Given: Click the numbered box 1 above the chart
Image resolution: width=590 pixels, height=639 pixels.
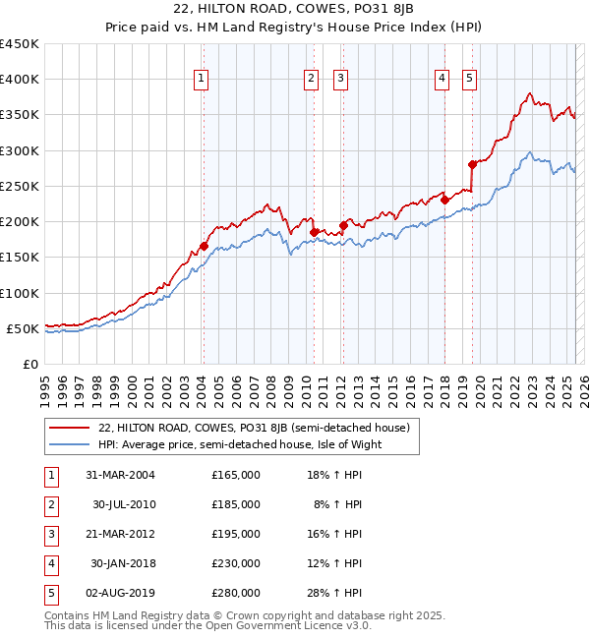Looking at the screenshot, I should pyautogui.click(x=201, y=80).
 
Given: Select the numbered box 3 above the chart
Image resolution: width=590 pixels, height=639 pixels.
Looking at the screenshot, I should pyautogui.click(x=340, y=80).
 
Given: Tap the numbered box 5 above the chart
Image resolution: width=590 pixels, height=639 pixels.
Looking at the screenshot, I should pyautogui.click(x=469, y=80).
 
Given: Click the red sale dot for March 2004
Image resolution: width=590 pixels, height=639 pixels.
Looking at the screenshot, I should pyautogui.click(x=204, y=247).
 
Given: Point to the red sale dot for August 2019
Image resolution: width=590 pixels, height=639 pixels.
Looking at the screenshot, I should pyautogui.click(x=473, y=164).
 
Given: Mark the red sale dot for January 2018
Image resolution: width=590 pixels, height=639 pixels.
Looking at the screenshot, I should pyautogui.click(x=445, y=200).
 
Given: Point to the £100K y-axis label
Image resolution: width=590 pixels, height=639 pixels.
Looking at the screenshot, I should pyautogui.click(x=20, y=293).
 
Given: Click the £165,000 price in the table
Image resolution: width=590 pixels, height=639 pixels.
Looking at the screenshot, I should pyautogui.click(x=236, y=475).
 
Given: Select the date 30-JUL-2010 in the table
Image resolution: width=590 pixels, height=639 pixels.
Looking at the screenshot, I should pyautogui.click(x=124, y=504).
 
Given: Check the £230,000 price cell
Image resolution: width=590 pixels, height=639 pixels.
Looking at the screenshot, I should pyautogui.click(x=236, y=563).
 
